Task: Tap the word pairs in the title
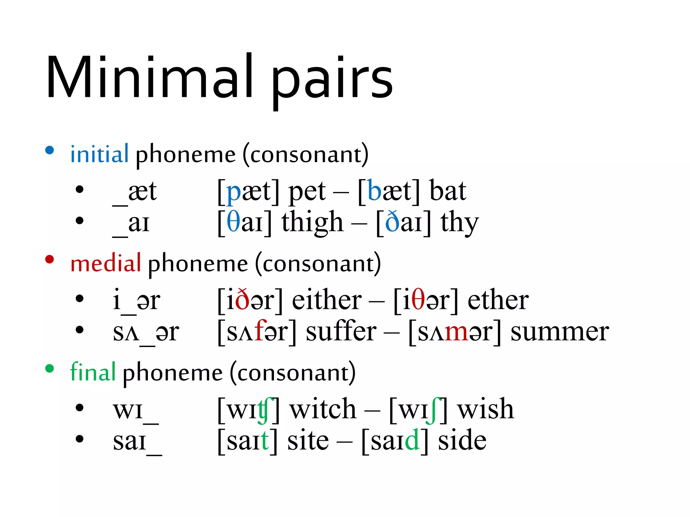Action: point(332,81)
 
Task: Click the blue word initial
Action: point(99,154)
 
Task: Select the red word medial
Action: point(105,263)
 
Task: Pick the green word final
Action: point(93,372)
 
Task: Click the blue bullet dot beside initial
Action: point(50,150)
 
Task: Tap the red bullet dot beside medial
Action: point(50,259)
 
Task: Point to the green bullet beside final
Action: point(50,368)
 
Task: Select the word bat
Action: point(448,191)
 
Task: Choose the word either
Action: point(327,300)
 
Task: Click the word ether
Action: point(498,300)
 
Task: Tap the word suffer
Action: point(341,332)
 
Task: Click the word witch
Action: point(323,409)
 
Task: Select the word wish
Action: point(485,409)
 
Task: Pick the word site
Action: point(308,441)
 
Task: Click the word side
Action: point(462,441)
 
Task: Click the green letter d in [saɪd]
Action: point(412,440)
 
